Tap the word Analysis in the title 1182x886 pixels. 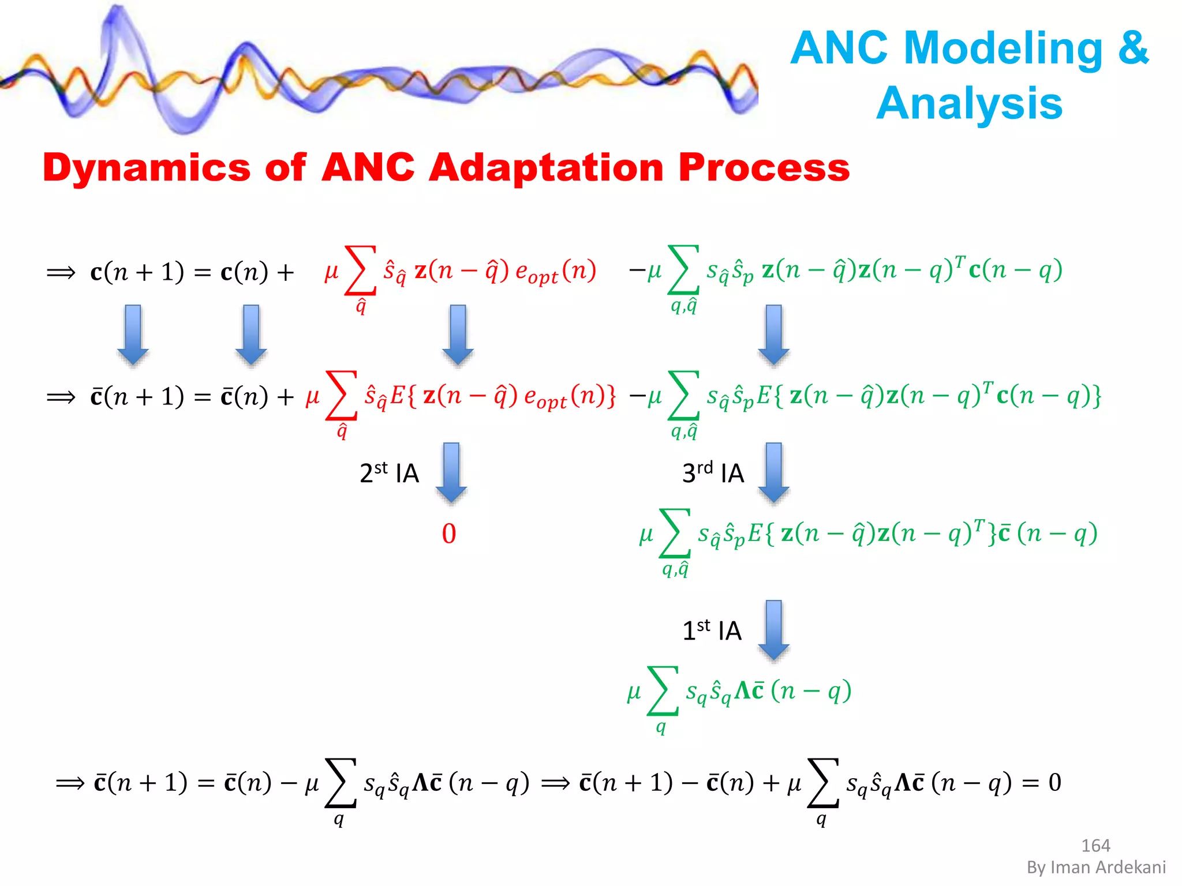pos(969,104)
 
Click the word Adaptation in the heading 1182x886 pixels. pos(546,168)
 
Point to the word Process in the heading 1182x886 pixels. pos(764,168)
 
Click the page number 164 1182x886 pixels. pos(1095,846)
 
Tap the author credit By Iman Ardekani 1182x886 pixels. pos(1096,867)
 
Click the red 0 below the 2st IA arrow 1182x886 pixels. pos(449,534)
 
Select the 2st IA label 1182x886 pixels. pos(389,473)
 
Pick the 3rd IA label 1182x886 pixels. pos(713,473)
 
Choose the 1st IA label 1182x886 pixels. pos(712,630)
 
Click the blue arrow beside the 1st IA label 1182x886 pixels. pos(773,629)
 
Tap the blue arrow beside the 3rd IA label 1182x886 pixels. pos(773,472)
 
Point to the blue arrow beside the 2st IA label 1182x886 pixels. pos(451,472)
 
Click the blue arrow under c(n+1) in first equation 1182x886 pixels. pos(133,335)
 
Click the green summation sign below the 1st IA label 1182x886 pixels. pos(662,690)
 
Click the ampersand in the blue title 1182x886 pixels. pos(1133,48)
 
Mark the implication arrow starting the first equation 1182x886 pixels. pos(61,272)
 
